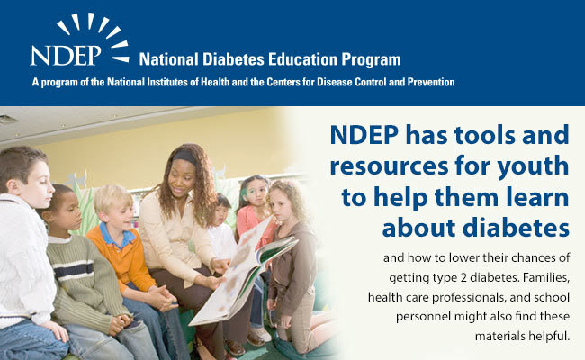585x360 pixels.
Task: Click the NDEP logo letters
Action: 66,56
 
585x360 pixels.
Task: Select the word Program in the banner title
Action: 371,60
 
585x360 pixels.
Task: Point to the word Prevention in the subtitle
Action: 431,82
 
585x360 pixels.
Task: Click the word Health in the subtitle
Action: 215,82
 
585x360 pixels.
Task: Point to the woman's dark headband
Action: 185,157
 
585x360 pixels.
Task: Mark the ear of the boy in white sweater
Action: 13,186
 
